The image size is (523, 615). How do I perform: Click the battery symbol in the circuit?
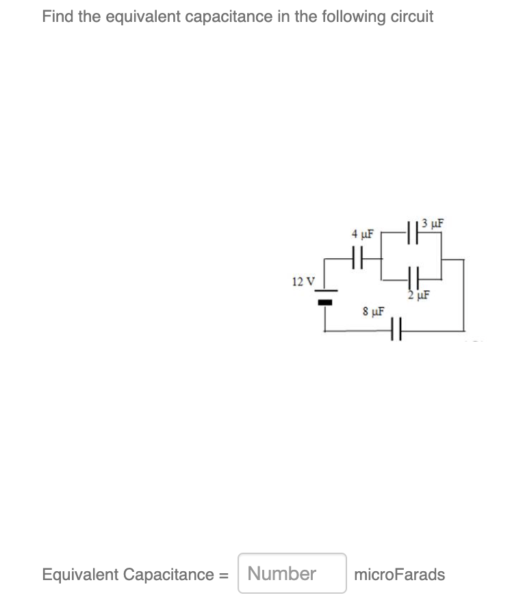323,297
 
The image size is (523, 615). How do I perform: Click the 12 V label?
303,281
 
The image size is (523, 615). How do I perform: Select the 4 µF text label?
362,234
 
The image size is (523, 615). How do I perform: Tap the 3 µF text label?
433,222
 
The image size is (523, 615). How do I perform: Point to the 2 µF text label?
418,296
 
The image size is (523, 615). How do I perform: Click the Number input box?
292,573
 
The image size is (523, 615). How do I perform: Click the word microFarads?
400,574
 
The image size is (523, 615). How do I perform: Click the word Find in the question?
58,16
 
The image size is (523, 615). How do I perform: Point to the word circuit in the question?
412,16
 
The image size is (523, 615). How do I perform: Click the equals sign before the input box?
223,574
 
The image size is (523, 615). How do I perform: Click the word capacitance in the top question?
227,16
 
